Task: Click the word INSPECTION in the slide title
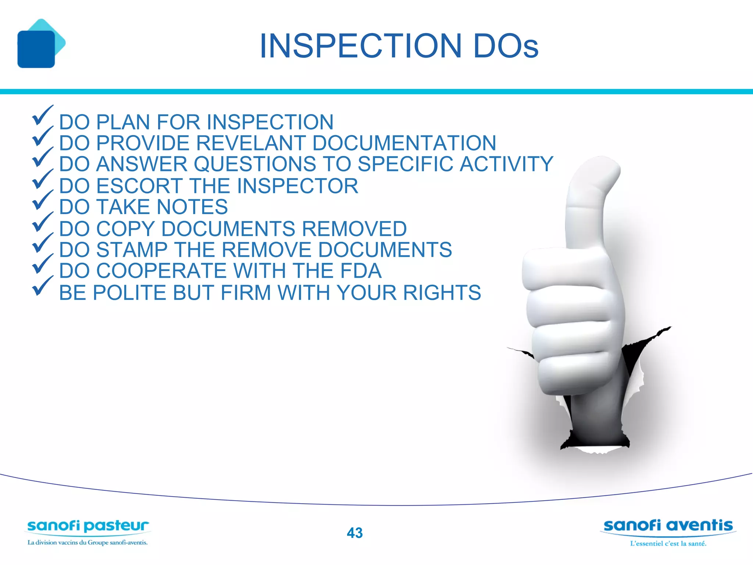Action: click(x=360, y=46)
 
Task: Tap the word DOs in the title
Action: click(x=506, y=46)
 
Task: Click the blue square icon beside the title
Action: click(x=36, y=49)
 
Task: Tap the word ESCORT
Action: click(x=139, y=186)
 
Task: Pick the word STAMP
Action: click(x=132, y=250)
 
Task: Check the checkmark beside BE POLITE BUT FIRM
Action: click(x=42, y=286)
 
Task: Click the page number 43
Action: click(x=354, y=533)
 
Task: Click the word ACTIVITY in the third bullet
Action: click(x=506, y=164)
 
